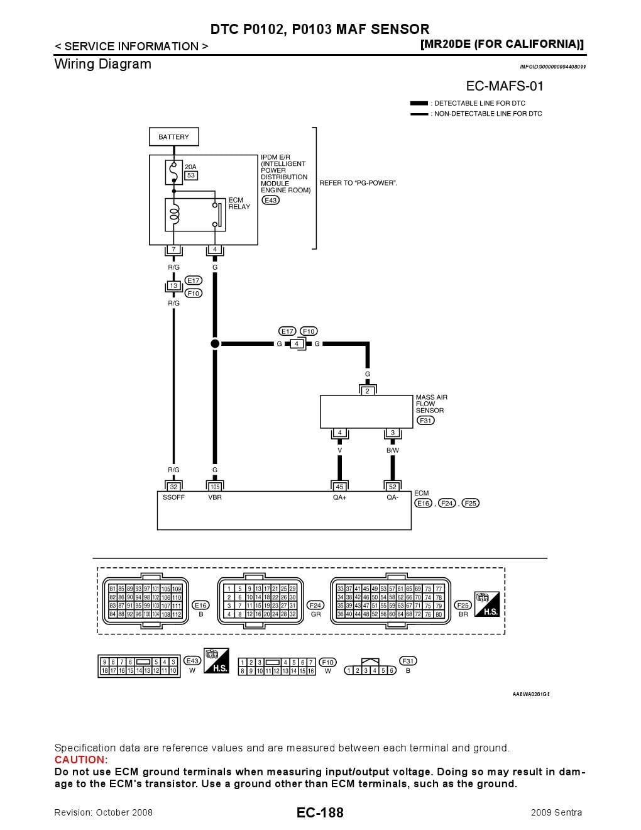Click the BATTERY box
tap(173, 136)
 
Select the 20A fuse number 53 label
tap(190, 175)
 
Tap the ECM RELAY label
tap(239, 203)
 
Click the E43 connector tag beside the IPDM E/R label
tap(270, 200)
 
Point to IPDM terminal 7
tap(173, 250)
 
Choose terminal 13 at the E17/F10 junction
tap(173, 285)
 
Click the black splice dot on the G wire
tap(215, 343)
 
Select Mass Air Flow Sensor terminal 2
tap(368, 390)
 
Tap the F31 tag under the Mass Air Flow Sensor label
tap(426, 420)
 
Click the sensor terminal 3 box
tap(393, 433)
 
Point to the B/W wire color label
tap(393, 450)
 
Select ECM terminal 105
tap(215, 487)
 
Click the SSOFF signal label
tap(173, 497)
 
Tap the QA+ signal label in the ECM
tap(339, 497)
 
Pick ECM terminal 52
tap(393, 487)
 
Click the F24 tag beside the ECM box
tap(447, 503)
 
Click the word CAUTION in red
tap(81, 760)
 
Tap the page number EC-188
tap(320, 812)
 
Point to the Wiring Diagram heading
tap(103, 64)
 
